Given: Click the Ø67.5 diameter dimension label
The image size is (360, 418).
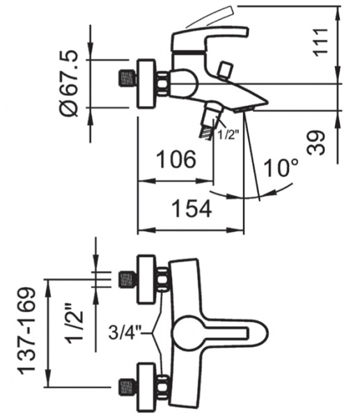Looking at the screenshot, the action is coord(69,83).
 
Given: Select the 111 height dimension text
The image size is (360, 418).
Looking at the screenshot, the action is coord(320,42).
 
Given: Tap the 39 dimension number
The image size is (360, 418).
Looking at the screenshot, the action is coord(316,143).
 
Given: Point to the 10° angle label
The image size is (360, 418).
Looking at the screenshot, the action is coord(281,168).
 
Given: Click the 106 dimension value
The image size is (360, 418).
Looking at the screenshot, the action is coord(176,159).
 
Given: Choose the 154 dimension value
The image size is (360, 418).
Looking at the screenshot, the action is coord(192,209).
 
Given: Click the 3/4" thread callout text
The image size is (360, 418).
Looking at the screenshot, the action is coord(125,332).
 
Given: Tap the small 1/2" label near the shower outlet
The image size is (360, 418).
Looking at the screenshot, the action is coord(227,135).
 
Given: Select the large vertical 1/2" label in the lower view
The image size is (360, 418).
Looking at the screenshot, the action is coord(74,323).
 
